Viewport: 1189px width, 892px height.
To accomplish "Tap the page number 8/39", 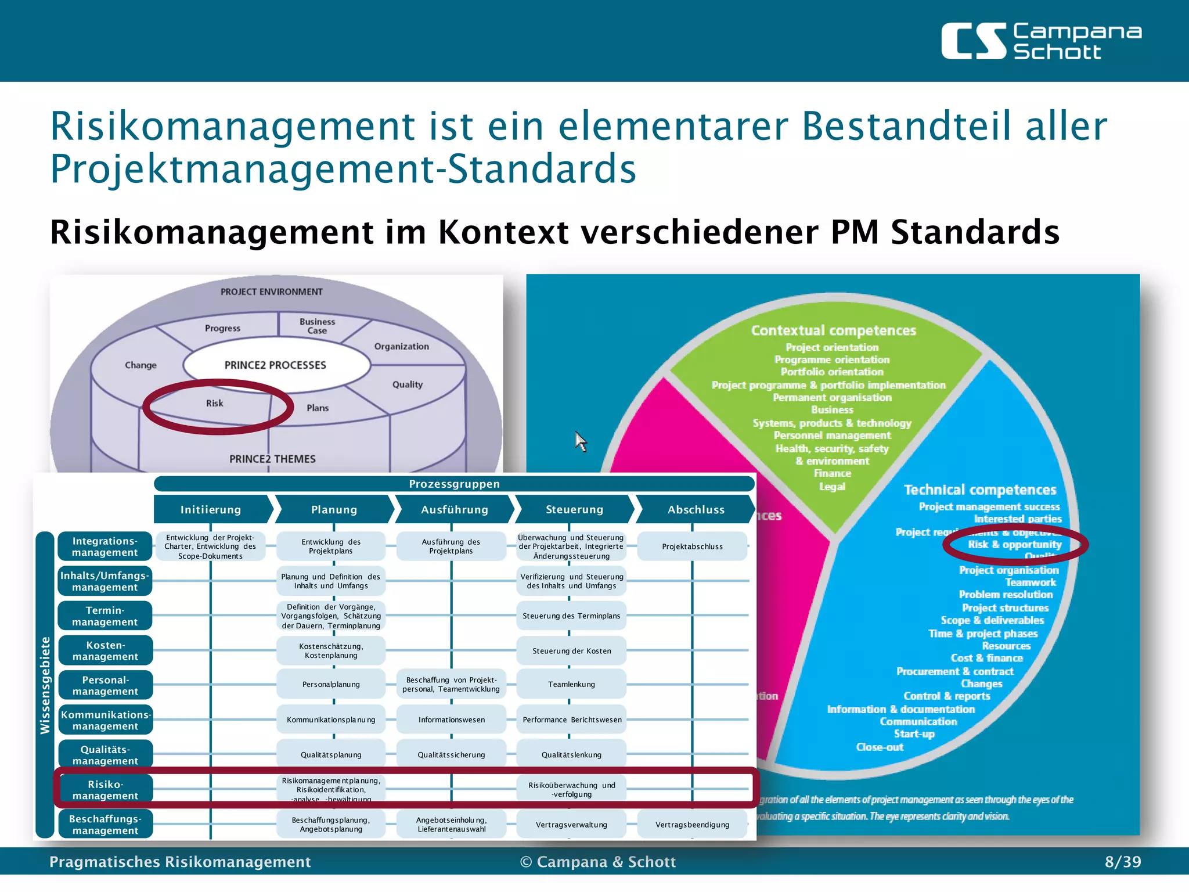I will coord(1122,861).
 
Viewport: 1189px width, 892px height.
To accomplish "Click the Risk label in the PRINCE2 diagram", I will coord(214,404).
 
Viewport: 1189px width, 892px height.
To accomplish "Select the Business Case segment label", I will coord(317,326).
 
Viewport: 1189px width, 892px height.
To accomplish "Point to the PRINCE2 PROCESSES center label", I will coord(275,365).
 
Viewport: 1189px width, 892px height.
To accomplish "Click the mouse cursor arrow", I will coord(581,441).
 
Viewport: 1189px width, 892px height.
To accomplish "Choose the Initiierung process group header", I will coord(211,510).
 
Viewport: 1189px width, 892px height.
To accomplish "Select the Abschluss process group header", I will coord(696,510).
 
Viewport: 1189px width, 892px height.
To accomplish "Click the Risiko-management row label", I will coord(105,790).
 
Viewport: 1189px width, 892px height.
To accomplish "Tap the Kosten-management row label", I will coord(105,651).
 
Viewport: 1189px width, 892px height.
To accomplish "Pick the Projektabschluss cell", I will coord(692,546).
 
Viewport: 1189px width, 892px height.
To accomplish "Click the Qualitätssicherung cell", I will coord(451,755).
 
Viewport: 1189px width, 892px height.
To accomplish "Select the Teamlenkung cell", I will coord(571,685).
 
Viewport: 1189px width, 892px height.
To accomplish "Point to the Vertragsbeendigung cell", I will coord(692,825).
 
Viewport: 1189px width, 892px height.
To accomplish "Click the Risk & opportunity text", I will coord(1014,545).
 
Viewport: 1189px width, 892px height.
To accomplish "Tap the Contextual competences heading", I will coord(833,330).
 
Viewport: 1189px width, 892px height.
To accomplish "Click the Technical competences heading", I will coord(980,490).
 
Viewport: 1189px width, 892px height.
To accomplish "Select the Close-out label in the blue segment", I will coord(880,747).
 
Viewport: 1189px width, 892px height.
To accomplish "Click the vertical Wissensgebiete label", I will coord(45,685).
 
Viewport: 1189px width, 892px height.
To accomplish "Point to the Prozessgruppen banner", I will coord(454,484).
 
